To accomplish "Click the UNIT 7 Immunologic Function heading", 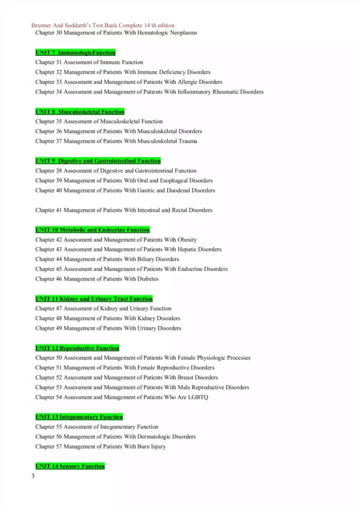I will (76, 53).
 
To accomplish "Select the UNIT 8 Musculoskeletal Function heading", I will (80, 112).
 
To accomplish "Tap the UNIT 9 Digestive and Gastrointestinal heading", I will (98, 161).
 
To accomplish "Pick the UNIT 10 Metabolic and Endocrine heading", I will (92, 230).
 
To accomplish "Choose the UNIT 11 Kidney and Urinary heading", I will (94, 299).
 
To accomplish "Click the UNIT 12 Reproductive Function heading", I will (77, 348).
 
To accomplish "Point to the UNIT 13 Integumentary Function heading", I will (79, 417).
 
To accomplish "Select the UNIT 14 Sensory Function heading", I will (70, 466).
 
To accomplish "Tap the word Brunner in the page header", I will (40, 26).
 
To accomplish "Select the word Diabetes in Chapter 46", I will (148, 279).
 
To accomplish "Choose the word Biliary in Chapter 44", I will (141, 259).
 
